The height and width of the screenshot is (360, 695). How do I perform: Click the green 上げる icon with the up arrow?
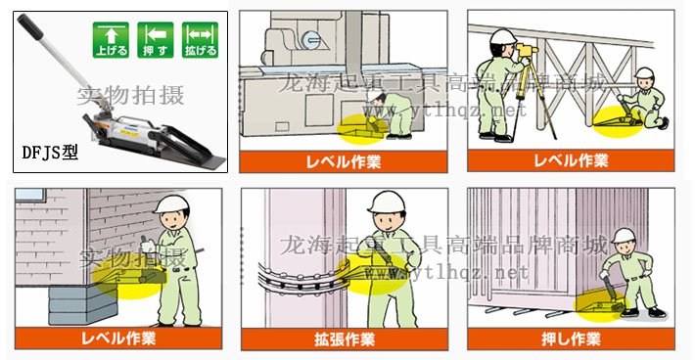111,37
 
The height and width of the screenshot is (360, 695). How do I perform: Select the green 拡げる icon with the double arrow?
199,37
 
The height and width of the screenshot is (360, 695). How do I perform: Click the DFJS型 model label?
49,154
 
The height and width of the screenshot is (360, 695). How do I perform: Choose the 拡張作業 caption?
344,339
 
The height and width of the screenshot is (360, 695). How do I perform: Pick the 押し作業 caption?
570,339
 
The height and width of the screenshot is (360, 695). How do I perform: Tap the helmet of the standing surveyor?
503,38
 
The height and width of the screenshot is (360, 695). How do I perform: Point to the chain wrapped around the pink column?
294,275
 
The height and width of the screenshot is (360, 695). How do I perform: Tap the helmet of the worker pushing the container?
624,236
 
